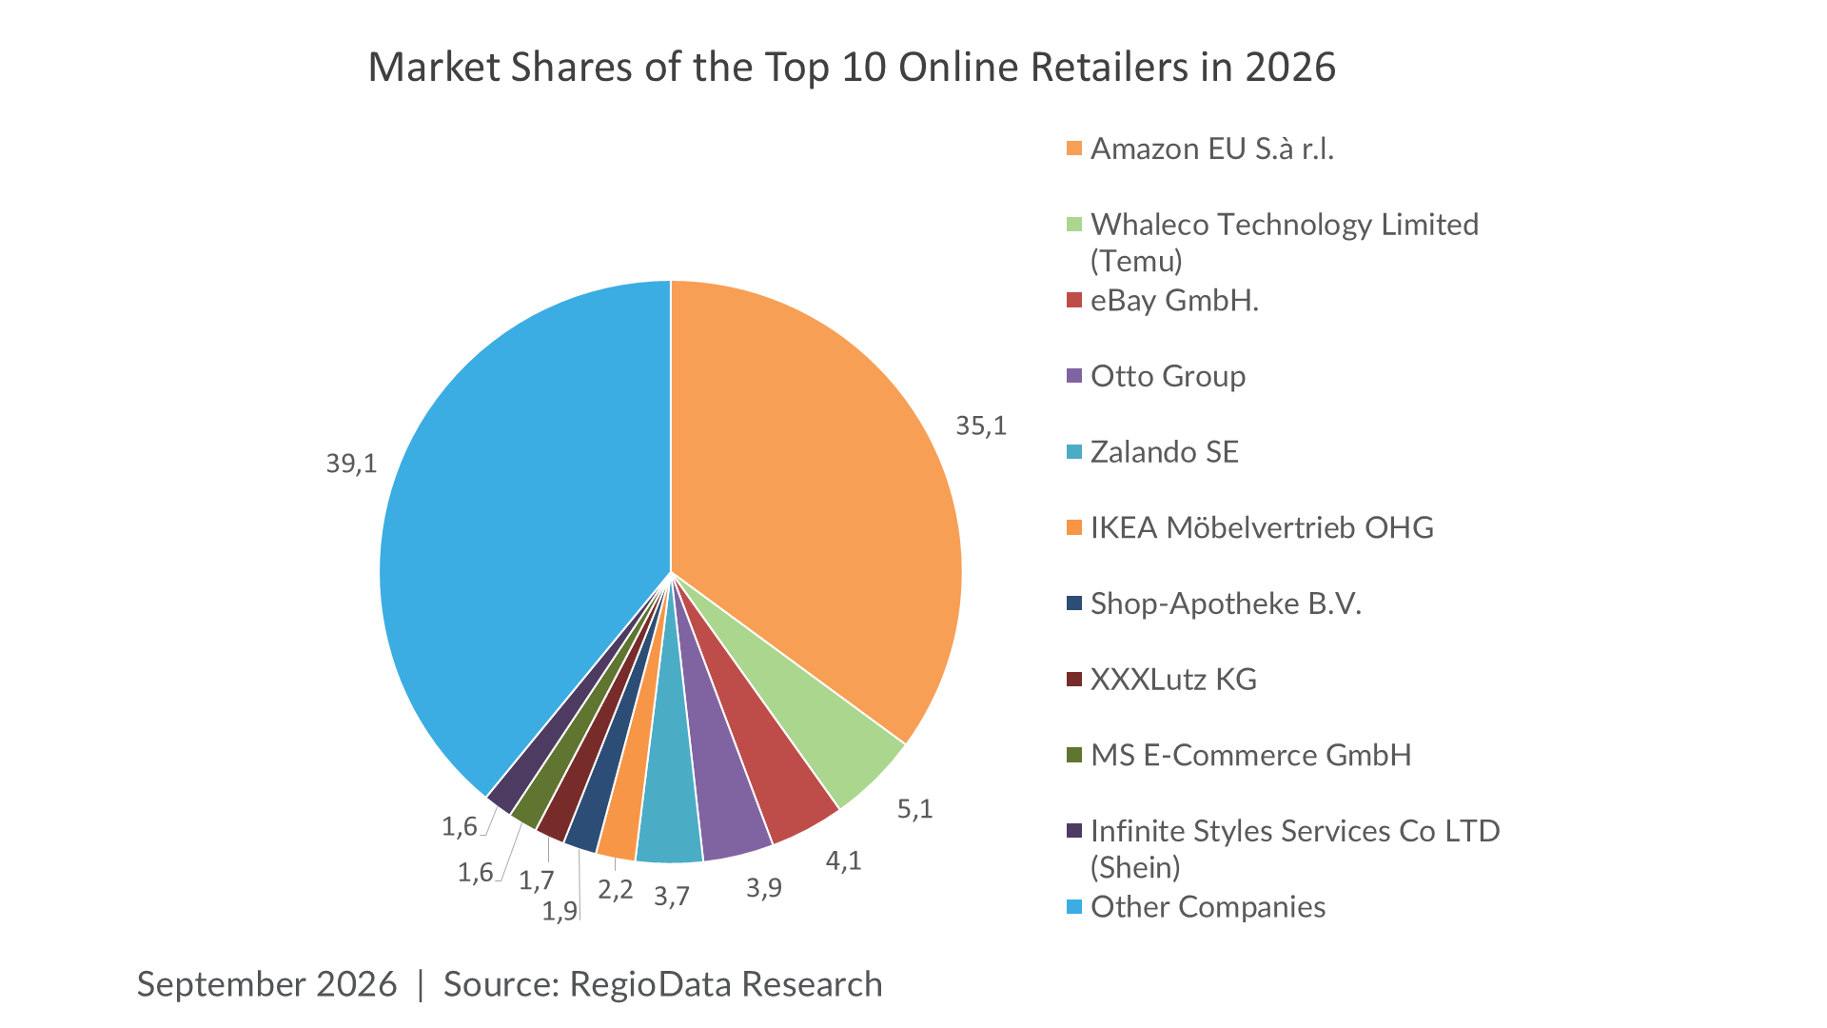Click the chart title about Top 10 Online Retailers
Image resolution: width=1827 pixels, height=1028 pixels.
[852, 68]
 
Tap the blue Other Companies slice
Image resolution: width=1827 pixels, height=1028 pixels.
[514, 533]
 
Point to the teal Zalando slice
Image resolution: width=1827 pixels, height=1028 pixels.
[668, 819]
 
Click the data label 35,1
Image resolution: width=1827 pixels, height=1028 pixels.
[981, 425]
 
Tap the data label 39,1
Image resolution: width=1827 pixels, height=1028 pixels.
[351, 464]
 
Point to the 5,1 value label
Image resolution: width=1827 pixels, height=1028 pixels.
[914, 809]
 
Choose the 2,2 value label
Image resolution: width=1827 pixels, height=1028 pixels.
[615, 889]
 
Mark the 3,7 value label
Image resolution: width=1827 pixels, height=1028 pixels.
[671, 896]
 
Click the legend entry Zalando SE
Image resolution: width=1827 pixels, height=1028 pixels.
[1165, 451]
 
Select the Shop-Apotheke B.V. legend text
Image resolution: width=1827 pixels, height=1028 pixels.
[1226, 603]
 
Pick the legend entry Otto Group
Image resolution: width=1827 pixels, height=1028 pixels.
[1168, 376]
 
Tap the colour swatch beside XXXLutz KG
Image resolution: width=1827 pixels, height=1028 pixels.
[1074, 680]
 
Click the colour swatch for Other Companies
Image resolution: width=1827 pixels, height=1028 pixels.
[1074, 907]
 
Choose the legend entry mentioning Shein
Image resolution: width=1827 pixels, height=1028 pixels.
[1295, 848]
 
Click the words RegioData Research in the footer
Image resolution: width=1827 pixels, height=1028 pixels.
[726, 984]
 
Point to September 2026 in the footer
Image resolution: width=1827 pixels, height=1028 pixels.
[266, 984]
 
